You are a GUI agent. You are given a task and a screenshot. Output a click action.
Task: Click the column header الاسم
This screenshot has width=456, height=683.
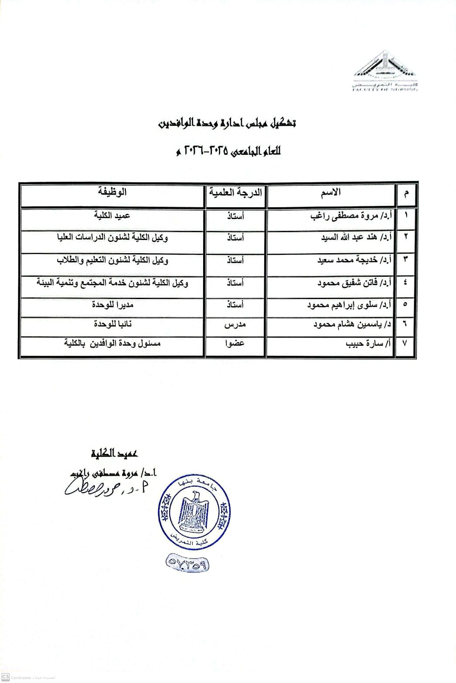tap(331, 192)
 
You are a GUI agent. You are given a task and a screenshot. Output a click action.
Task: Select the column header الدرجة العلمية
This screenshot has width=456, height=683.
tap(236, 192)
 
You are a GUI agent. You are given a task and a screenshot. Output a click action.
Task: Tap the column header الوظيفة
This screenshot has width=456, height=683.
tap(112, 192)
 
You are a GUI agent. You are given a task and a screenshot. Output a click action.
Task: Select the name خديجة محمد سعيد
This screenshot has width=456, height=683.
tap(354, 260)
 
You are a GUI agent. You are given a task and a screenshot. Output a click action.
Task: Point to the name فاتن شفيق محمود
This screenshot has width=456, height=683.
tap(354, 282)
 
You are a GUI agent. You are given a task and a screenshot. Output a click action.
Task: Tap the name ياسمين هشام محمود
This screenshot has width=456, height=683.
tap(352, 325)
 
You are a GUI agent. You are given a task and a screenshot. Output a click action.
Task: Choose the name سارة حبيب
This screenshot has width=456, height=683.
tap(369, 344)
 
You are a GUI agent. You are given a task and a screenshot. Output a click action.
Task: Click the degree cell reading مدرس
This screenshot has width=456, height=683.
tap(235, 325)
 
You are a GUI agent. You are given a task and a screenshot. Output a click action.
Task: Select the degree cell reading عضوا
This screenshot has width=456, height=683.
tap(235, 344)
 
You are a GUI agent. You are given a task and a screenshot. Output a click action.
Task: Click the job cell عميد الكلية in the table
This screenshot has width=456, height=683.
tap(112, 215)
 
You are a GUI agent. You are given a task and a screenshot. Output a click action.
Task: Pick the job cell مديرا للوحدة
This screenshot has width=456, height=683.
tap(112, 304)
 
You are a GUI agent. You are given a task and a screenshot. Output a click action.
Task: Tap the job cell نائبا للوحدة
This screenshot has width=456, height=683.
tap(112, 324)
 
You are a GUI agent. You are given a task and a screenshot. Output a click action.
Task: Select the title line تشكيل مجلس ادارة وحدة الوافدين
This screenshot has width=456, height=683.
tap(227, 124)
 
